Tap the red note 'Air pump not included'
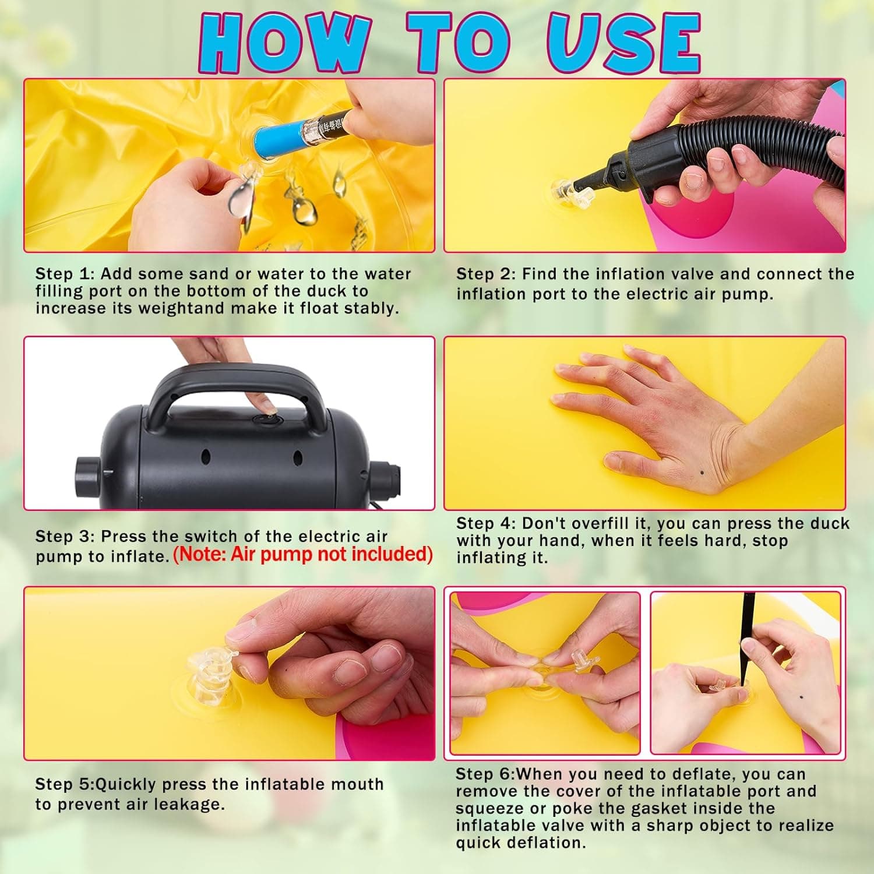tap(303, 554)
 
